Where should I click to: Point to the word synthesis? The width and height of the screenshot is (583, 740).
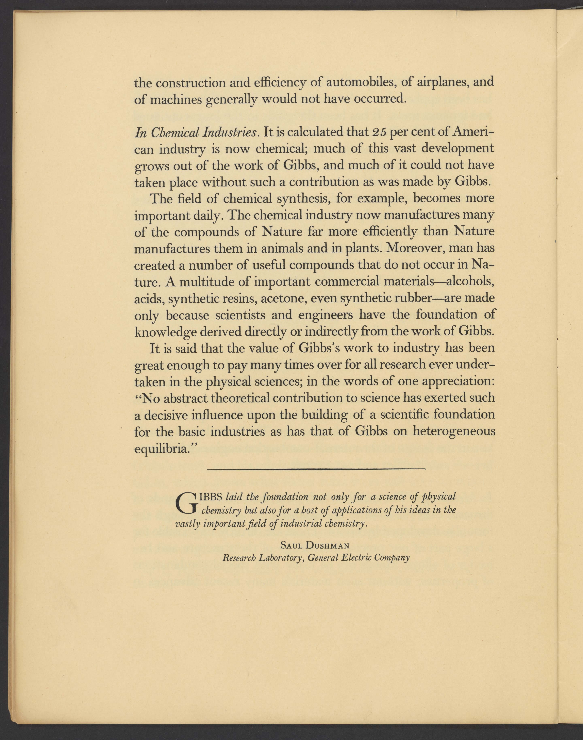pyautogui.click(x=302, y=199)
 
